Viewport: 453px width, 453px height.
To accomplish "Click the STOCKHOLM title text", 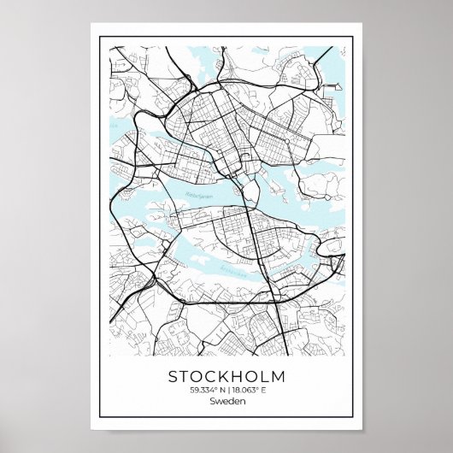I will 226,376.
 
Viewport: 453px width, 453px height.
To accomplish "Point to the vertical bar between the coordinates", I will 228,391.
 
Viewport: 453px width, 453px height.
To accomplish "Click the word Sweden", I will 226,403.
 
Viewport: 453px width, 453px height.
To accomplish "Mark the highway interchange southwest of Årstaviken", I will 151,278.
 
